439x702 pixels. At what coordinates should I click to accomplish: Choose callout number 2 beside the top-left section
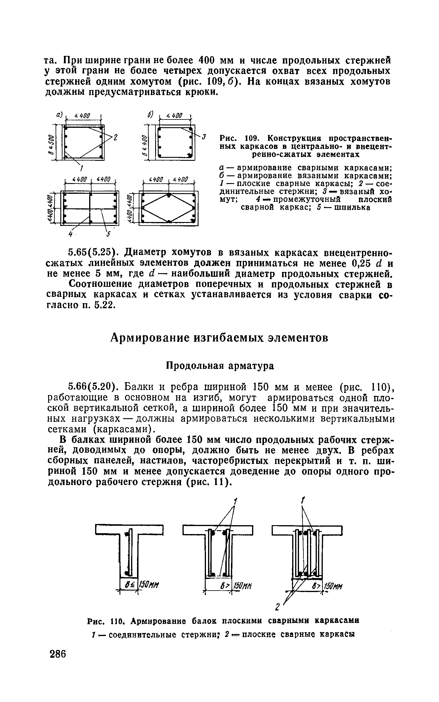[x=116, y=137]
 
